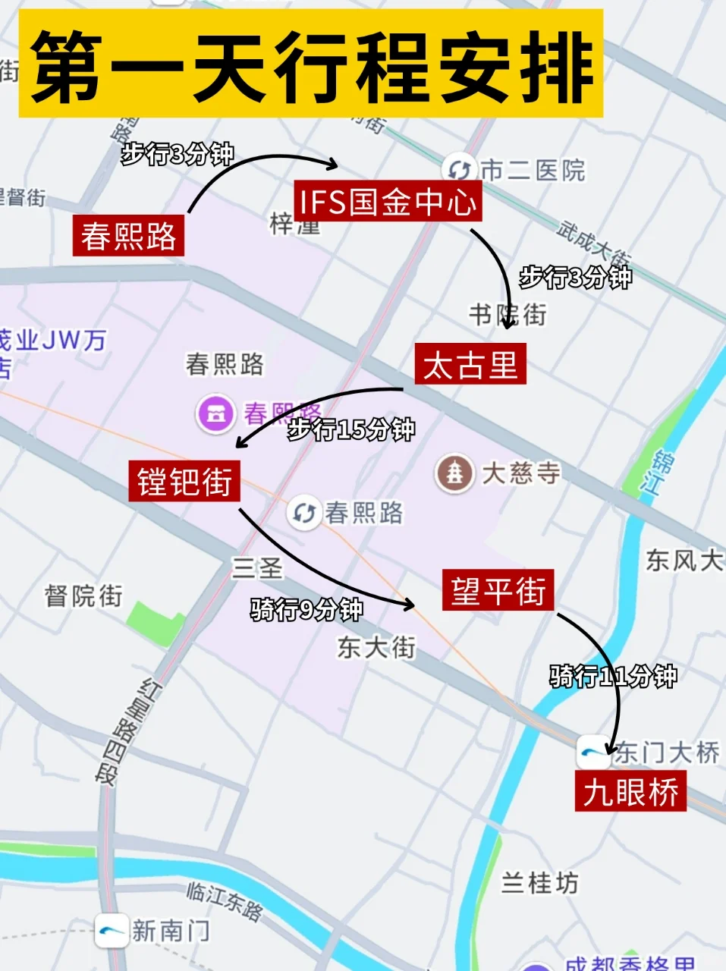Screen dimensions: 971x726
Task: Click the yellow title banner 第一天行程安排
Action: click(311, 64)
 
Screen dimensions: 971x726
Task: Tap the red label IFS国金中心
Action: click(388, 202)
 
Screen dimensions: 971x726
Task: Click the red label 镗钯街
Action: click(184, 482)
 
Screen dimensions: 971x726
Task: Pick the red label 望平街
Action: click(498, 590)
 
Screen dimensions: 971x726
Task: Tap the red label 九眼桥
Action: click(630, 792)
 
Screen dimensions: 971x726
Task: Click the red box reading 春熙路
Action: click(129, 235)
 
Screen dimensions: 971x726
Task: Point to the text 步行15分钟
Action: click(350, 429)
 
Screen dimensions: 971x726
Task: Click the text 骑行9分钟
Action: click(306, 609)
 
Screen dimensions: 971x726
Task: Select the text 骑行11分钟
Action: click(613, 675)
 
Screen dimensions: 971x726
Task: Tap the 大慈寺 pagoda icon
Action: click(454, 473)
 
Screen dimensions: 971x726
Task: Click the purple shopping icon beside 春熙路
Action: click(216, 414)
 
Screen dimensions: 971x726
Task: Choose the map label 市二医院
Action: click(533, 171)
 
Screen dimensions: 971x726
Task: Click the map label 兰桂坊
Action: click(540, 883)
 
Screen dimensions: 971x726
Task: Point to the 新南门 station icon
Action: click(111, 931)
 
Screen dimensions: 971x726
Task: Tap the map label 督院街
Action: click(83, 595)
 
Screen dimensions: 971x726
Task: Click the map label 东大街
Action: click(376, 647)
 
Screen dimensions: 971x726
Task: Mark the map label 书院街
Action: click(507, 314)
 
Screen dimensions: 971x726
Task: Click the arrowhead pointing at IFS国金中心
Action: click(332, 163)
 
